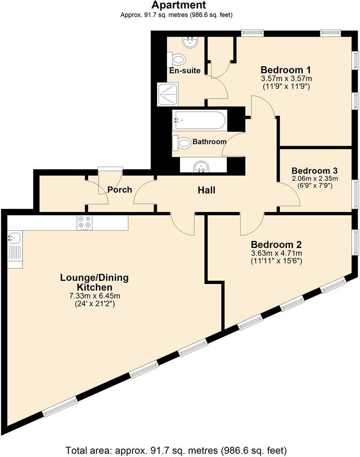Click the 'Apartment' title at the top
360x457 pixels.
point(178,5)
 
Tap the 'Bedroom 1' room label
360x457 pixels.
point(286,70)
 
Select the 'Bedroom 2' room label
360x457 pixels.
point(276,244)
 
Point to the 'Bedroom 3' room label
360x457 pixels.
point(314,171)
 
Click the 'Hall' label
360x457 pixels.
point(206,190)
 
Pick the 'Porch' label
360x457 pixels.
point(119,190)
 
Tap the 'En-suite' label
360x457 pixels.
point(185,71)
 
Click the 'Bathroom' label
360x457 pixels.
point(209,142)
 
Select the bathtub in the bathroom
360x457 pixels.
point(199,119)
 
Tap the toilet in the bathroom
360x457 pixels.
point(182,142)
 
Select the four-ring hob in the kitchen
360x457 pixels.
point(84,222)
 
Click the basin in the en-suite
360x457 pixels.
point(190,42)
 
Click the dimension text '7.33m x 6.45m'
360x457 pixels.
point(94,296)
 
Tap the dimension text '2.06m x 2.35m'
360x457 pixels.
point(314,178)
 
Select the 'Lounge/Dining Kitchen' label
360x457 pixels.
point(94,282)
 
